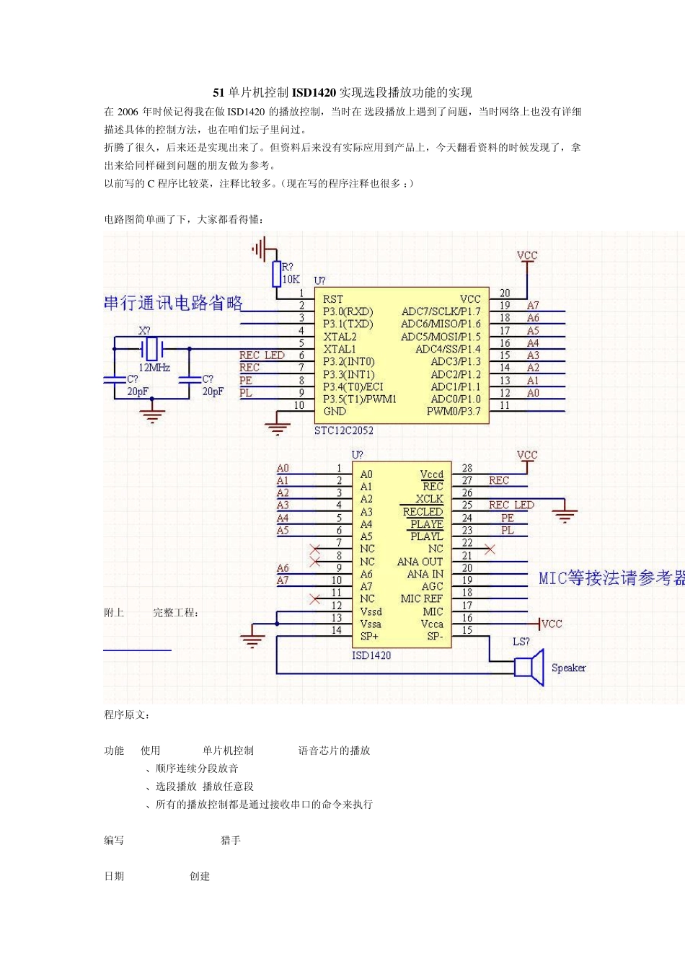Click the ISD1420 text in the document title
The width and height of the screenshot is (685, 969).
[314, 92]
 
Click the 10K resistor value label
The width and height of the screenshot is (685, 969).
[291, 279]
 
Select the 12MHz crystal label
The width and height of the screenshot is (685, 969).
[154, 368]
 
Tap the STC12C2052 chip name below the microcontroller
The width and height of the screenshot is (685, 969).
[344, 430]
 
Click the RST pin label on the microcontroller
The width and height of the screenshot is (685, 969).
[333, 299]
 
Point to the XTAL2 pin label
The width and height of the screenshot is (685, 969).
[340, 337]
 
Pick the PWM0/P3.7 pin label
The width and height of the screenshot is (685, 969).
[453, 412]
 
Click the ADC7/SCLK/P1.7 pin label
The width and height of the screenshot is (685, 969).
[441, 311]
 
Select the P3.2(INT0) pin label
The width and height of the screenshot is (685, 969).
[349, 361]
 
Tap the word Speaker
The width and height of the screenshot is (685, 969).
[568, 668]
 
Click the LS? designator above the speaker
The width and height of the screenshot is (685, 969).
[521, 642]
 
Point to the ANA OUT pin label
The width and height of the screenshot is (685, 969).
[420, 562]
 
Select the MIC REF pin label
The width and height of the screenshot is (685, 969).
[422, 598]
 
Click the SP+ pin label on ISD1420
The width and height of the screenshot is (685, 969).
[369, 637]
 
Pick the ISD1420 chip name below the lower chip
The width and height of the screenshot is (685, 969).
[371, 655]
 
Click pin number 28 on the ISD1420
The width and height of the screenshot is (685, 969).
[467, 468]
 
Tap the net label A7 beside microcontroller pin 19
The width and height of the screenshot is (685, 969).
[533, 306]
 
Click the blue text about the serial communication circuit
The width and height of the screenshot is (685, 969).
[173, 303]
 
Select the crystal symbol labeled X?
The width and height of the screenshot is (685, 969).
[152, 349]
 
